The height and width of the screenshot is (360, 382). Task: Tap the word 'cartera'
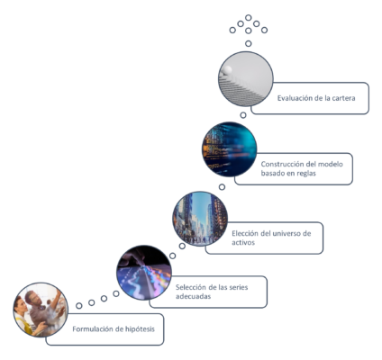[344, 98]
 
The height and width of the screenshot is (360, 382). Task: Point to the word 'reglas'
[306, 174]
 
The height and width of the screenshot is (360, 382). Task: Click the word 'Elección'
[245, 233]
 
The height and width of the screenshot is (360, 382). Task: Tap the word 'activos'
[243, 242]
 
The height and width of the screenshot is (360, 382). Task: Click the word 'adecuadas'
[193, 296]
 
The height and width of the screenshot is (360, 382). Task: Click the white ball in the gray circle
[227, 70]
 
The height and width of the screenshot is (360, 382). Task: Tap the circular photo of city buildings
[200, 219]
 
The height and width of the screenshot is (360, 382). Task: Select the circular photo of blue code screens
[230, 149]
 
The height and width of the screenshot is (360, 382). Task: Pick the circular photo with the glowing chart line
[144, 273]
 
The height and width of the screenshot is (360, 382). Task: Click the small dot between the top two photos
[243, 115]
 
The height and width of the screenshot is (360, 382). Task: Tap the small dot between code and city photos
[222, 187]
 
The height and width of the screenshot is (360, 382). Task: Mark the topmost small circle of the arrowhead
[249, 17]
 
